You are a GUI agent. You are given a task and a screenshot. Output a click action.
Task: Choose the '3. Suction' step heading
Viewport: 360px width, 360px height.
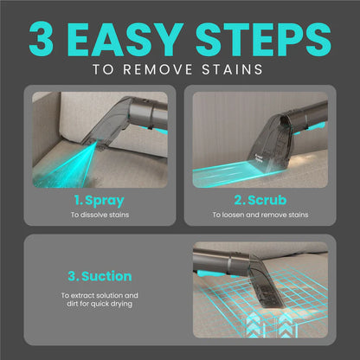(100, 277)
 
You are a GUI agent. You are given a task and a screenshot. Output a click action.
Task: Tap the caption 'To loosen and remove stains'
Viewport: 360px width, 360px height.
(260, 215)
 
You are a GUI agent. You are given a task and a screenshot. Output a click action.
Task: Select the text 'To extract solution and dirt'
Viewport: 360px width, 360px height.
(100, 296)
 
